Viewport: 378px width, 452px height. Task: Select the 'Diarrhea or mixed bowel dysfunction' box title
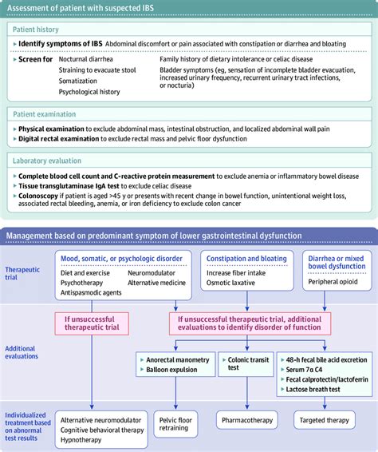[x=337, y=263]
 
